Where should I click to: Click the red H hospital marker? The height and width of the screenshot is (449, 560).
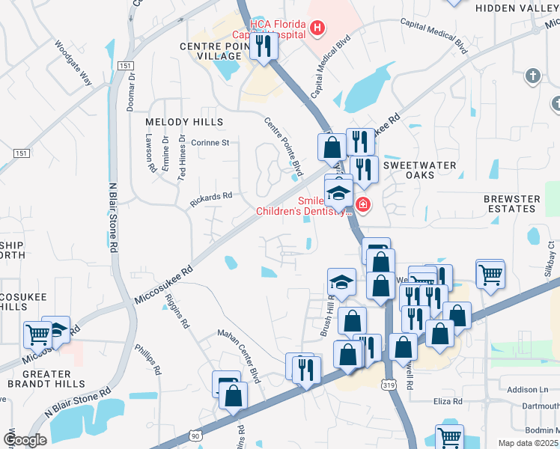[318, 28]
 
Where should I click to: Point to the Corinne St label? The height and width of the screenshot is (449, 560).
[210, 142]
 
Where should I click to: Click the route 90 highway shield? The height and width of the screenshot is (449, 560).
[196, 435]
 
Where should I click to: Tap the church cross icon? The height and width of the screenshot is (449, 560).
[532, 75]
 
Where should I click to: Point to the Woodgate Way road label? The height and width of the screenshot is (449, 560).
[73, 63]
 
